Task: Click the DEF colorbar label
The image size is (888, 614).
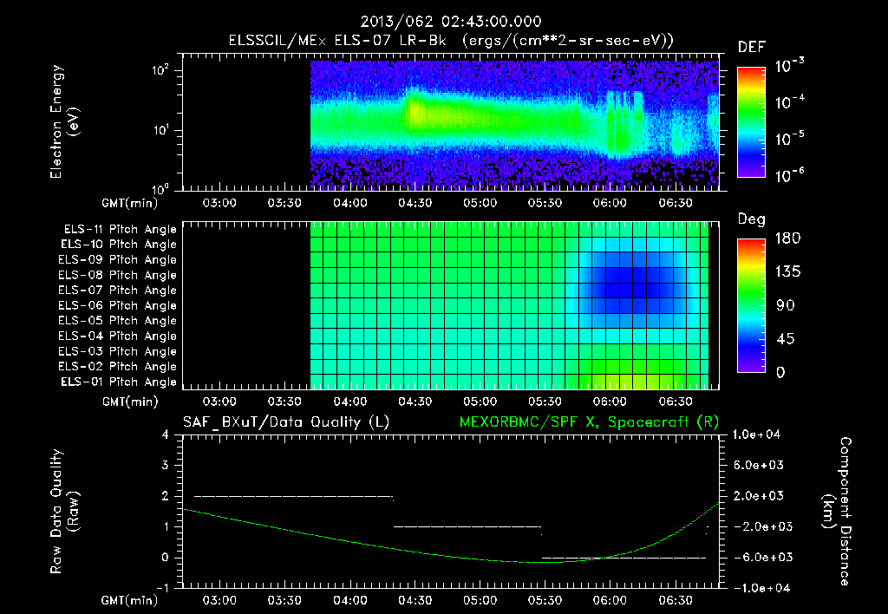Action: [751, 47]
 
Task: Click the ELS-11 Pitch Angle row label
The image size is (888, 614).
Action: [120, 229]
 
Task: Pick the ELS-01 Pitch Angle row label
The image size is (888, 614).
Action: [120, 382]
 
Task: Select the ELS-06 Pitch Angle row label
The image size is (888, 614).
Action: [120, 305]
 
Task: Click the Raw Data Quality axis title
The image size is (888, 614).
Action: [65, 512]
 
